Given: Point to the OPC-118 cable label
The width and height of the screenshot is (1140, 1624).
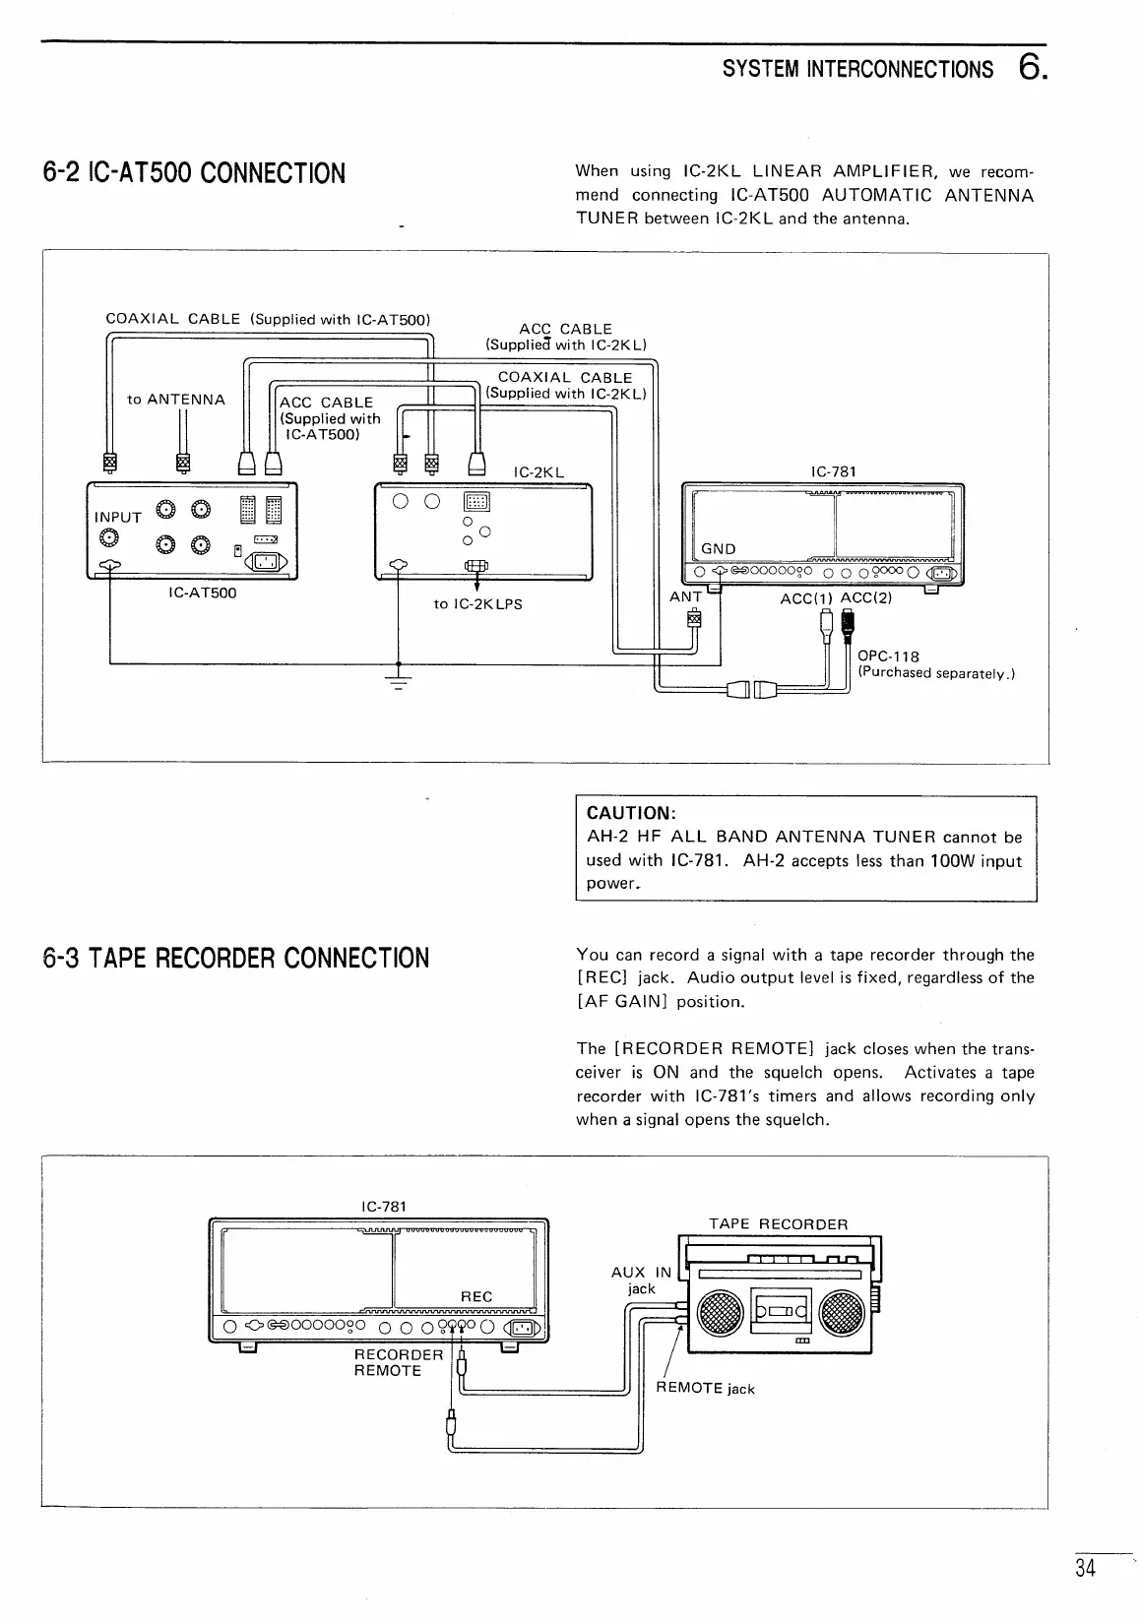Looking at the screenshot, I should click(x=888, y=656).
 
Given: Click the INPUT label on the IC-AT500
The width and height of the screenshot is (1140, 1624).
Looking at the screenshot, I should click(x=118, y=517).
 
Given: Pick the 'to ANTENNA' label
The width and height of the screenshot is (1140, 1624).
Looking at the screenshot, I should click(x=176, y=400).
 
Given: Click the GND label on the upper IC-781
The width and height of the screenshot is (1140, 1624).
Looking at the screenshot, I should click(x=719, y=548).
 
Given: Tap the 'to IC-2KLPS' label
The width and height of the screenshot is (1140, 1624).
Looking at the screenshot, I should click(x=477, y=603).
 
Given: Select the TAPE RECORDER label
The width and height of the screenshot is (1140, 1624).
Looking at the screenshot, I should click(x=778, y=1224).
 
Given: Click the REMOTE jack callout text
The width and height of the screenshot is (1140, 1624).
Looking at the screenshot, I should click(x=705, y=1389).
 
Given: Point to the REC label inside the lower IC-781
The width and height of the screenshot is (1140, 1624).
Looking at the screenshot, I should click(x=476, y=1296).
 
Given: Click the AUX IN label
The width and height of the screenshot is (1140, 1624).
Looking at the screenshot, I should click(x=641, y=1272).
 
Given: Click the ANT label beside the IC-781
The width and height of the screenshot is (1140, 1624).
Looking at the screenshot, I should click(x=685, y=596).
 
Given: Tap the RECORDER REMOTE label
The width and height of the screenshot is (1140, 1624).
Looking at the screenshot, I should click(x=398, y=1362).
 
